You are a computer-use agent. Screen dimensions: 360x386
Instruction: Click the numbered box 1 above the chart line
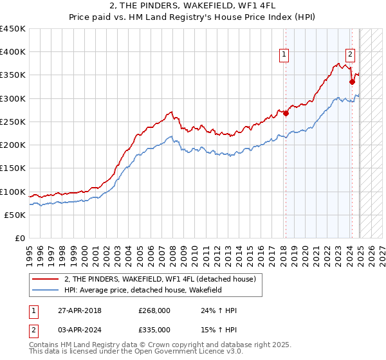pos(284,55)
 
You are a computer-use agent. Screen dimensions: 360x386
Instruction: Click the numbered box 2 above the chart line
pos(351,55)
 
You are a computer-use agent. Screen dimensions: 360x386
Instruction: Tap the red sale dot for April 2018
pos(286,114)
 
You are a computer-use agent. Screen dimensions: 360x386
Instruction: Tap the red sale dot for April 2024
pos(353,82)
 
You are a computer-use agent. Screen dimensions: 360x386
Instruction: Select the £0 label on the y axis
pos(20,239)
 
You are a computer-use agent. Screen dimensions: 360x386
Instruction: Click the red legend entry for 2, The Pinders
pos(160,279)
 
